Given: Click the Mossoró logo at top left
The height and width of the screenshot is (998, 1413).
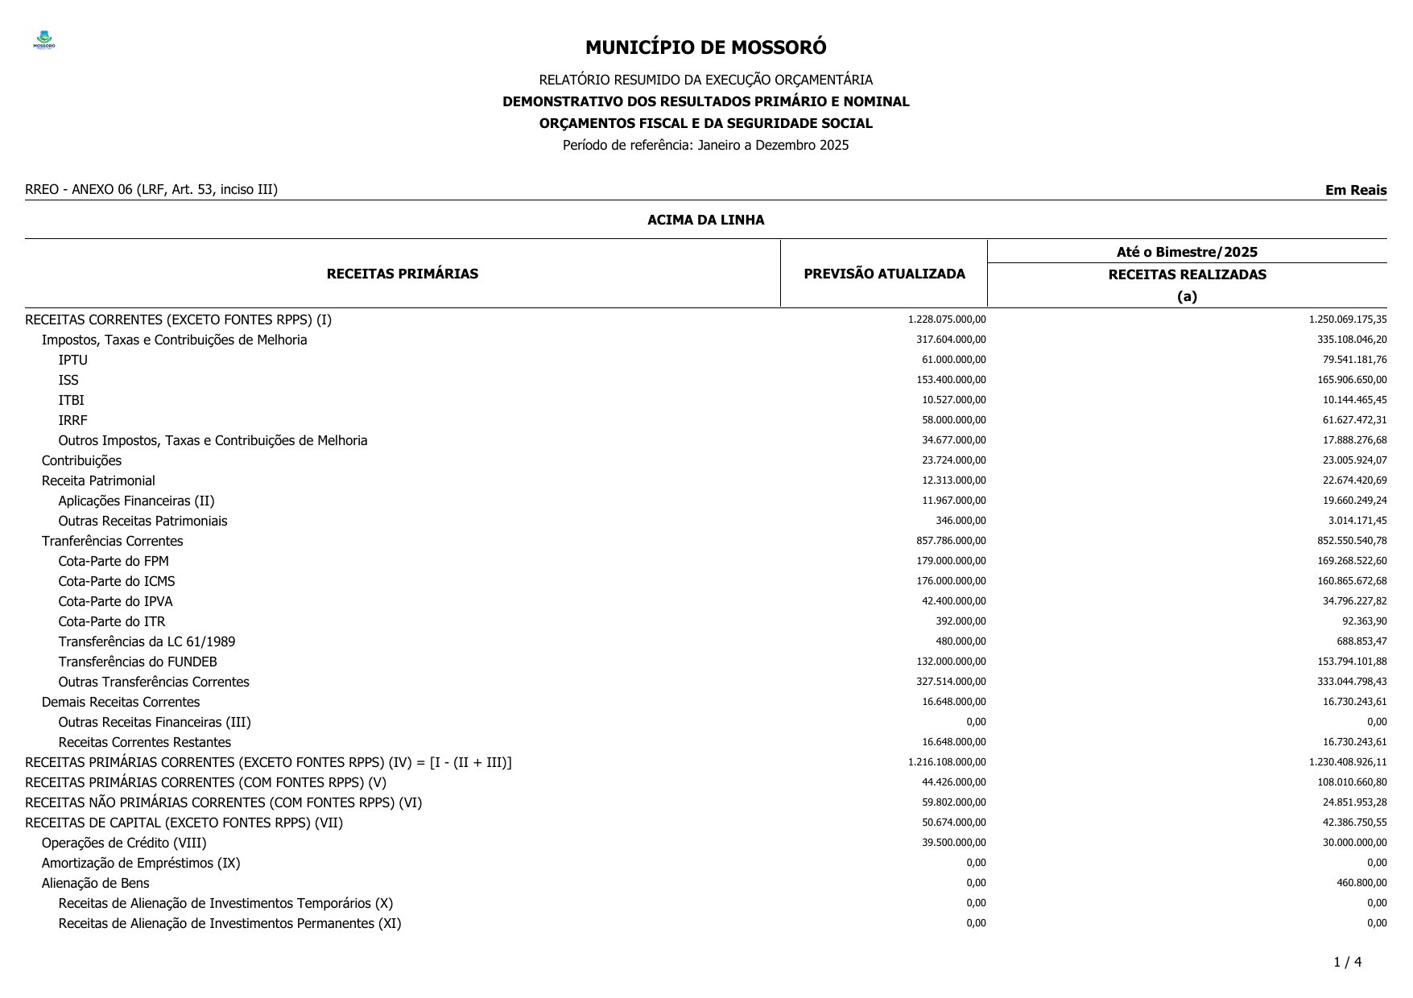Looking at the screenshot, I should pyautogui.click(x=44, y=41).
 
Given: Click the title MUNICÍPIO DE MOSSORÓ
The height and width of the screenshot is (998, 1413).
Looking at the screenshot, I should pyautogui.click(x=705, y=47).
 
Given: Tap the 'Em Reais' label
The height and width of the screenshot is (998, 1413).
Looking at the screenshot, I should pyautogui.click(x=1355, y=190).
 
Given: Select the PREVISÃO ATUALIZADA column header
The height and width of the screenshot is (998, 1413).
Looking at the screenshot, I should pyautogui.click(x=884, y=274).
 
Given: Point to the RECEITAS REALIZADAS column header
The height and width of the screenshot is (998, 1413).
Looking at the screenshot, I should pyautogui.click(x=1187, y=274).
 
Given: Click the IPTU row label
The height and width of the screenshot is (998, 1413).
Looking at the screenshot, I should pyautogui.click(x=72, y=360).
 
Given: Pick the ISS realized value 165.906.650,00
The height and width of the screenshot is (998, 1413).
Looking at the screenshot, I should pyautogui.click(x=1352, y=380).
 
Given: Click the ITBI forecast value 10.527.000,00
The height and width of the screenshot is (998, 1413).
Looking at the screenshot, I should pyautogui.click(x=953, y=400).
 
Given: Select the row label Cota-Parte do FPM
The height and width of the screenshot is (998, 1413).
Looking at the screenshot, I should pyautogui.click(x=114, y=561).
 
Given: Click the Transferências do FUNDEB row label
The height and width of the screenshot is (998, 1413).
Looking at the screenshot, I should pyautogui.click(x=138, y=662).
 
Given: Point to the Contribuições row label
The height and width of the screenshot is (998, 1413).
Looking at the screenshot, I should pyautogui.click(x=81, y=460).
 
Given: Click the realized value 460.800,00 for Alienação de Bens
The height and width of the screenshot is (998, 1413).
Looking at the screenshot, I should pyautogui.click(x=1361, y=883).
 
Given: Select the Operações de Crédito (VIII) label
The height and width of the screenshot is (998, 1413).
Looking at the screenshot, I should pyautogui.click(x=124, y=843).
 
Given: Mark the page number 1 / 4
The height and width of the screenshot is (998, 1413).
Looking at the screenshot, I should pyautogui.click(x=1347, y=962).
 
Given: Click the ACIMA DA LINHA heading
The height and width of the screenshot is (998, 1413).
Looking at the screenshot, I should pyautogui.click(x=705, y=220).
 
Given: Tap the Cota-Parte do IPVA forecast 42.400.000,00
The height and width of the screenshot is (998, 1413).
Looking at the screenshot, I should pyautogui.click(x=953, y=601).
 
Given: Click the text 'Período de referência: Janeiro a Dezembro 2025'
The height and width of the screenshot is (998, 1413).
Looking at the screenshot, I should pyautogui.click(x=705, y=145).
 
